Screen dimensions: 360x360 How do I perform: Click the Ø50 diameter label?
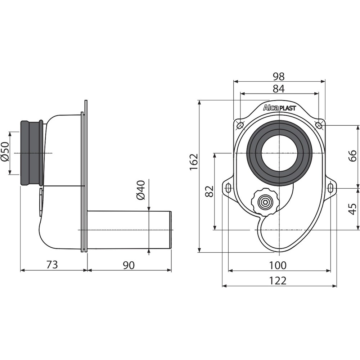tap(5, 152)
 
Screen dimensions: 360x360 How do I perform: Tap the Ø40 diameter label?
tap(141, 190)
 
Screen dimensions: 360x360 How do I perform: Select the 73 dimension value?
tap(52, 265)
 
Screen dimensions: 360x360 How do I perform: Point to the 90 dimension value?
tap(129, 265)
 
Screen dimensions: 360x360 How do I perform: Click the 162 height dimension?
tap(194, 162)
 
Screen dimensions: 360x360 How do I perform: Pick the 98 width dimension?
tap(279, 76)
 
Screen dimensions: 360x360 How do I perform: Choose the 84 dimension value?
tap(279, 89)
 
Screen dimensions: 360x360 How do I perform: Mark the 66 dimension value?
tap(353, 156)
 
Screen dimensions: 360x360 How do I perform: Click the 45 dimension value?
tap(353, 209)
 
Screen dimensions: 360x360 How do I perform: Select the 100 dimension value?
tap(278, 265)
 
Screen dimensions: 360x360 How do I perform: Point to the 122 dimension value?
tap(278, 280)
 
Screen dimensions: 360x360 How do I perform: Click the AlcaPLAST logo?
tap(279, 108)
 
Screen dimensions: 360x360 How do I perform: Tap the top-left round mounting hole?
tap(240, 126)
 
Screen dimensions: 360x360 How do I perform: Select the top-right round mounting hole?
tap(319, 125)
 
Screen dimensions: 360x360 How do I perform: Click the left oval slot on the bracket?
tap(229, 188)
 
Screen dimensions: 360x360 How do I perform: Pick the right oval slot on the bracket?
tap(330, 188)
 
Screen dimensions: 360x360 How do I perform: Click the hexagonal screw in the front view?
tap(265, 202)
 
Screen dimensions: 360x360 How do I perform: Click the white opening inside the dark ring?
tap(279, 153)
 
